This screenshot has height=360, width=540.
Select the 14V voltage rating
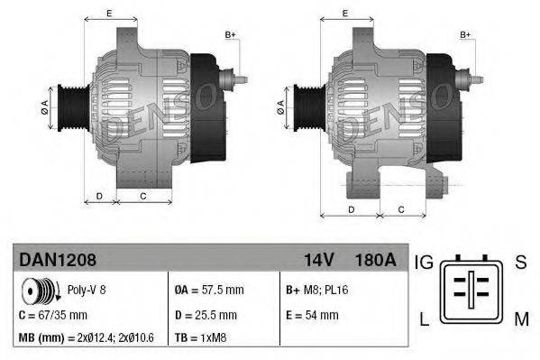tap(319, 260)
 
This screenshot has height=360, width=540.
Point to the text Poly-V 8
tap(86, 291)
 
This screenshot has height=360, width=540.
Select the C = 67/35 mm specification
tap(53, 315)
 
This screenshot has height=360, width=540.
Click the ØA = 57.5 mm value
tap(209, 291)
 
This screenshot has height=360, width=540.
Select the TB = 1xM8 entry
tap(203, 338)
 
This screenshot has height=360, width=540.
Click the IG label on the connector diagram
tap(424, 263)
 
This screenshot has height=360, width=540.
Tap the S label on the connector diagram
tap(520, 263)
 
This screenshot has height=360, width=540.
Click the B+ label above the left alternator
tap(230, 34)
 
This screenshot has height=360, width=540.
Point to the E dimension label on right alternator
tap(347, 13)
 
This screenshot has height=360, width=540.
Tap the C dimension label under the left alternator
tap(143, 194)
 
